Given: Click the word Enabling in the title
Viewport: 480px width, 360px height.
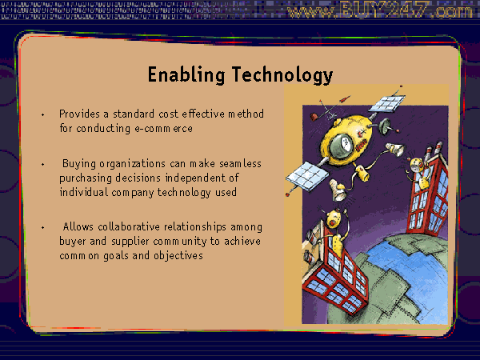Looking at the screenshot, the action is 186,74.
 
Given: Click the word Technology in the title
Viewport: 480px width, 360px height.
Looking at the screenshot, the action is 282,74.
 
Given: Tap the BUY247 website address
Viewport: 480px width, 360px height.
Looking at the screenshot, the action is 379,10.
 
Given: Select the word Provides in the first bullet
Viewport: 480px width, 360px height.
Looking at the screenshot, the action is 79,114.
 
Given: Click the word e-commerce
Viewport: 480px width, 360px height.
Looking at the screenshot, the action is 164,129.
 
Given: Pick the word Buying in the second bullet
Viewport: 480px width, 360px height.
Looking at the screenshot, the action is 79,164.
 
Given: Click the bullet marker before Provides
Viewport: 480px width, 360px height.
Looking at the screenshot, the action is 43,114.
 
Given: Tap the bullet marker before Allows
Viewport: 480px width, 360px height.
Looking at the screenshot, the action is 43,227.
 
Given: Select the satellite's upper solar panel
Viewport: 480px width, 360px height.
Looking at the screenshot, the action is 387,103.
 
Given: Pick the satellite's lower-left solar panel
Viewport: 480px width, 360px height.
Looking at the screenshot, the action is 307,176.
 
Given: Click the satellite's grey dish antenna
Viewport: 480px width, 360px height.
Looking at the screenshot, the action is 385,126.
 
